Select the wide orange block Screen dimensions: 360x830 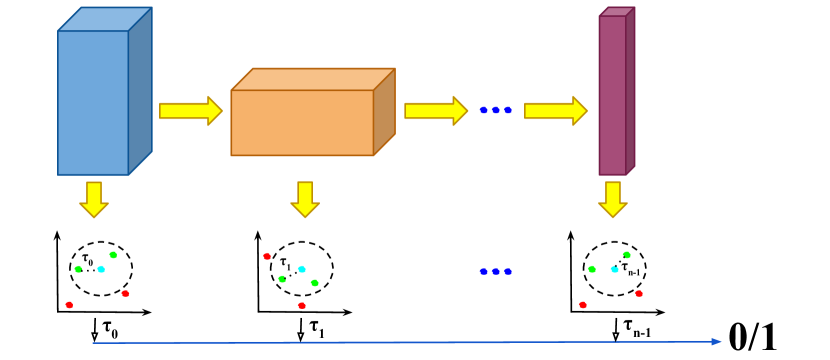coord(302,122)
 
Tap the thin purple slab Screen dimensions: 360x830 coord(612,95)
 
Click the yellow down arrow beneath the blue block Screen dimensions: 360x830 coord(94,199)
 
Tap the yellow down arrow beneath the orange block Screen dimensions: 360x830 coord(305,199)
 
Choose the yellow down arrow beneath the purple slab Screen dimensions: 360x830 coord(613,199)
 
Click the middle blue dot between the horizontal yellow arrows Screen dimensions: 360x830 coord(495,110)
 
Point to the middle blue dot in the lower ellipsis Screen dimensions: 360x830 coord(495,271)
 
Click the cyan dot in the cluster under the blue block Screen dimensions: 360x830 coord(101,269)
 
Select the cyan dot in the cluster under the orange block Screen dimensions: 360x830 coord(301,269)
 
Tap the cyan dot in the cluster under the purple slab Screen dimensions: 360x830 coord(615,269)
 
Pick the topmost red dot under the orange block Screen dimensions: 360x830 coord(267,256)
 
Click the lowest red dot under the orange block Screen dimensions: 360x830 coord(301,306)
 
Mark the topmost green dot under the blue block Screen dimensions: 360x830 coord(113,255)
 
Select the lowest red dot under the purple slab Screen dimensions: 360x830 coord(583,305)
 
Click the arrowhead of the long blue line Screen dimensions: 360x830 coord(716,341)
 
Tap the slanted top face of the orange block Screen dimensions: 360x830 coord(313,79)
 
